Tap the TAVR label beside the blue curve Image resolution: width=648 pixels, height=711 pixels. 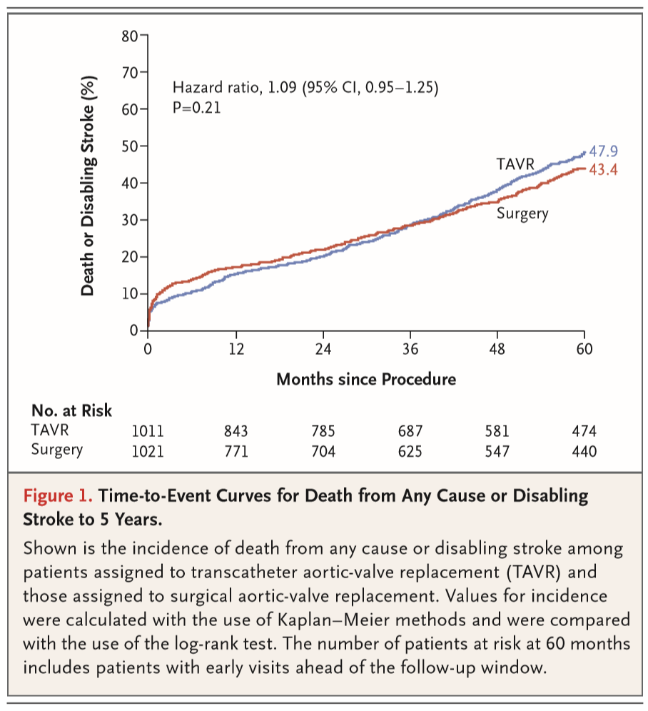[x=515, y=165]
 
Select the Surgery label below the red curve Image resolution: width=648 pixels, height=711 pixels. [x=522, y=213]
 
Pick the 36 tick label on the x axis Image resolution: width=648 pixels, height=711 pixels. [x=410, y=350]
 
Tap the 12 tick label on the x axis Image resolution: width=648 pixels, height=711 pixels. [x=236, y=350]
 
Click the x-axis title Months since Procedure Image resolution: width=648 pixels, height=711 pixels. [x=365, y=378]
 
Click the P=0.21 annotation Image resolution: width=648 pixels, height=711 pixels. [x=197, y=108]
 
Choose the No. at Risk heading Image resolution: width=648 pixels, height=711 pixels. [x=71, y=410]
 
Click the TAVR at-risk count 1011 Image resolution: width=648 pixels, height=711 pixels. [x=148, y=431]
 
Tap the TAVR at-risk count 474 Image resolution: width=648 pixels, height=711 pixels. [x=584, y=431]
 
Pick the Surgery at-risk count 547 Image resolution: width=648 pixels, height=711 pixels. [x=497, y=451]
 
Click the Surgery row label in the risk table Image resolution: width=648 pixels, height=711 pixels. [x=57, y=450]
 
